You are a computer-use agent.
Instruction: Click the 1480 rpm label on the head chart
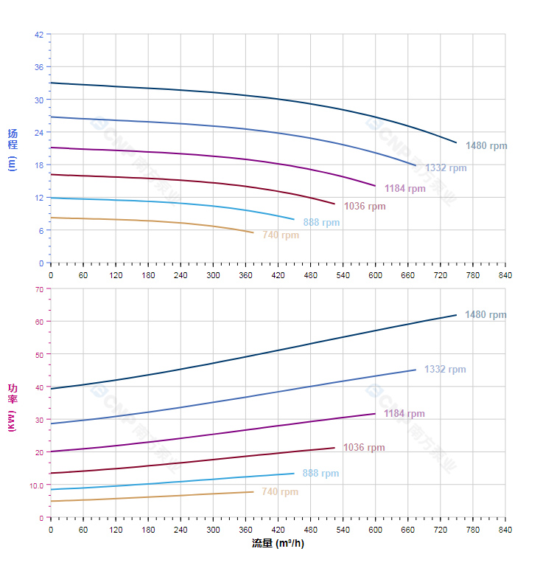coord(486,146)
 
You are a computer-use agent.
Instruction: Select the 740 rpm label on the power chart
coord(280,492)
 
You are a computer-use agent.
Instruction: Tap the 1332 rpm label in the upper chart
coord(446,168)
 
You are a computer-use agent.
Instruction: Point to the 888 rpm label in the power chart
coord(320,474)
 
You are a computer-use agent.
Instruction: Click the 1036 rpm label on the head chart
coord(365,207)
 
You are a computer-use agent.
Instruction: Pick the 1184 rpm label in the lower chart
coord(404,414)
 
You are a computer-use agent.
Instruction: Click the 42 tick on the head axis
coord(38,34)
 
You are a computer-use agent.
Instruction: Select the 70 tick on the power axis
coord(38,288)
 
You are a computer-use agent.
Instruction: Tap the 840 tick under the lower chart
coord(505,530)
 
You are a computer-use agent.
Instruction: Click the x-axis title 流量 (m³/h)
coord(278,544)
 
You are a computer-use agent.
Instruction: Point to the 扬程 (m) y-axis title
coord(12,149)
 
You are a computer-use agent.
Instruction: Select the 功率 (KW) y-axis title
coord(12,408)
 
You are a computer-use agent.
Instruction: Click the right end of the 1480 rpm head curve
coord(457,142)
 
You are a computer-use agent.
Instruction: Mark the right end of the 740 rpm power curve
coord(253,492)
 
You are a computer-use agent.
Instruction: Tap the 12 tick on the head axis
coord(38,197)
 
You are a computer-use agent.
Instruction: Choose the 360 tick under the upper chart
coord(245,275)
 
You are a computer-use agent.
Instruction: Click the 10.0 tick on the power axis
coord(36,485)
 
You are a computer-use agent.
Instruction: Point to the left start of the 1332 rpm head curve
coord(51,117)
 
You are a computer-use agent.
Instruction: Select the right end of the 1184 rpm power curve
coord(376,413)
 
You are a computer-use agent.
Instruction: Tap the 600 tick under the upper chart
coord(376,275)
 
